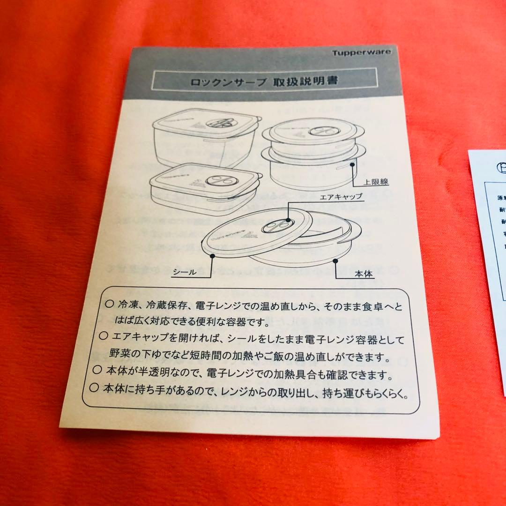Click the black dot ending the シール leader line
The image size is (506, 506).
coord(213,255)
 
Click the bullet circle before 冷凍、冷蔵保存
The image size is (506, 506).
coord(109,304)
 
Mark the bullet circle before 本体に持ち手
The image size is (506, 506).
coord(95,387)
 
